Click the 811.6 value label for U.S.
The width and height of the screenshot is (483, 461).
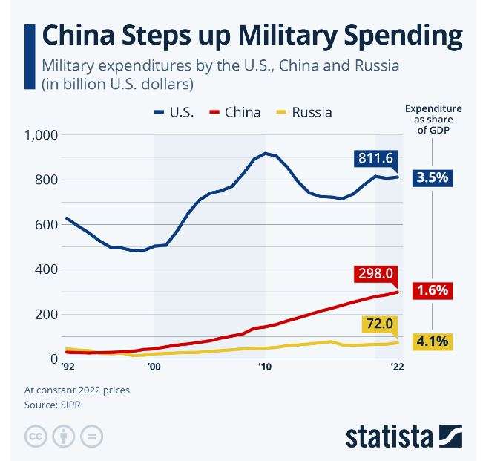(x=375, y=157)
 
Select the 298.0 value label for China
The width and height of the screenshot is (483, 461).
(x=375, y=274)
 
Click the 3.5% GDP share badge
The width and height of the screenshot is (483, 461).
(x=433, y=178)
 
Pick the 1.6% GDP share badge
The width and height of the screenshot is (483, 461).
(x=433, y=290)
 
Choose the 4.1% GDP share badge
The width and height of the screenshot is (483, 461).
(x=433, y=342)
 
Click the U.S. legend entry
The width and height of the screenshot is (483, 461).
(x=175, y=113)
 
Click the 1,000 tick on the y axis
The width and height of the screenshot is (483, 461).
(x=41, y=135)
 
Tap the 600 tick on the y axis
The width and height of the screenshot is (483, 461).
(x=47, y=225)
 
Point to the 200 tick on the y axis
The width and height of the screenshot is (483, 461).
(x=47, y=314)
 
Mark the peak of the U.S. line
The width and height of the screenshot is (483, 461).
(x=265, y=154)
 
